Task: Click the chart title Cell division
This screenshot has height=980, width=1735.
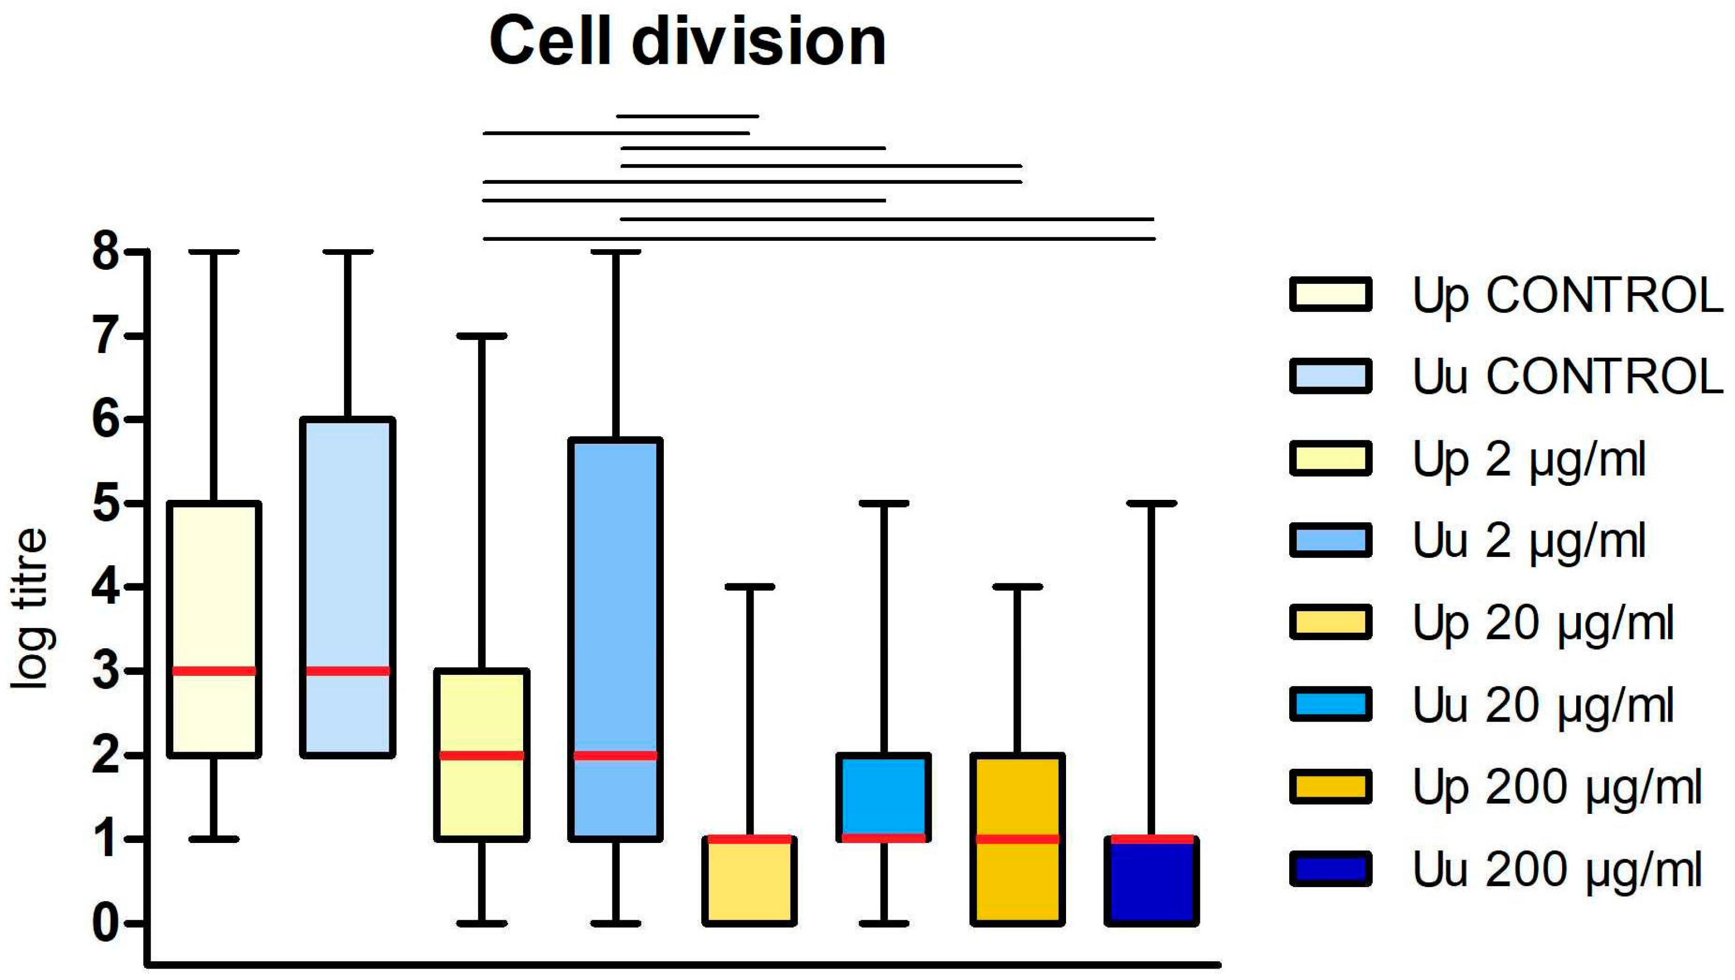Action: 687,42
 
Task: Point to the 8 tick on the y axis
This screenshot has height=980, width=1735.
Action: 106,253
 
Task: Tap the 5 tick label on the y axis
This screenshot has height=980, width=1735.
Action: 106,503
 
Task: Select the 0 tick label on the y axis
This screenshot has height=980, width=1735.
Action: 106,923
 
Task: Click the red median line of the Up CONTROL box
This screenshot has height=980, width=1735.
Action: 214,671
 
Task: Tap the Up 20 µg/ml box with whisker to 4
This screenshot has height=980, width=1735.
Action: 749,882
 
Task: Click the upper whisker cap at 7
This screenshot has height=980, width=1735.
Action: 482,335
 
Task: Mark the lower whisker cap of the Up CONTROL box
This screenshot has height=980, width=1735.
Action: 214,839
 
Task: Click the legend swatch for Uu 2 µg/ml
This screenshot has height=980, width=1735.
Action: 1330,540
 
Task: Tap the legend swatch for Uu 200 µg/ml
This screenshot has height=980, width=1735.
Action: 1330,869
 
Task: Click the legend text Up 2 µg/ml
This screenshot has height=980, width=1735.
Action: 1529,459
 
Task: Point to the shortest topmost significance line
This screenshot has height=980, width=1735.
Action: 687,116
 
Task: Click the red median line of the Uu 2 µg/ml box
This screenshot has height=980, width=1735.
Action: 615,755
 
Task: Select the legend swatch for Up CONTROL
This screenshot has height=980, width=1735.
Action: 1330,294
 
